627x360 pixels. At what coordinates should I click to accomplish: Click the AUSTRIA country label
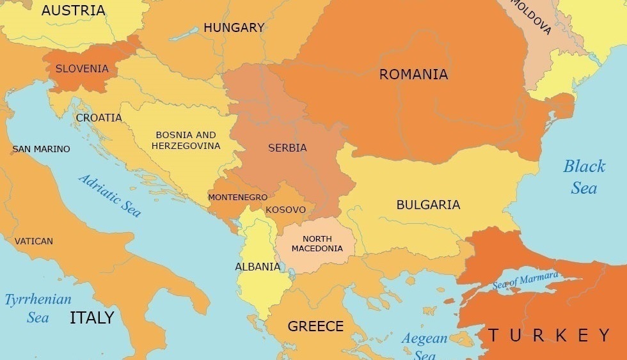[74, 10]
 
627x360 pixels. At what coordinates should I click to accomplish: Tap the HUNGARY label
[234, 27]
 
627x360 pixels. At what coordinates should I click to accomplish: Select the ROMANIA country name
[413, 74]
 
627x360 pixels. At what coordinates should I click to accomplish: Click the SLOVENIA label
[82, 68]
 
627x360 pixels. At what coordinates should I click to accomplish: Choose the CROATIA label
[99, 118]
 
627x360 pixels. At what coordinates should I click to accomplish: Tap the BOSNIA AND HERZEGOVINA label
[186, 140]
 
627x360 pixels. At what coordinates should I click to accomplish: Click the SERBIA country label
[287, 148]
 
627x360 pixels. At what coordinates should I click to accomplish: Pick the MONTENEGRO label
[237, 197]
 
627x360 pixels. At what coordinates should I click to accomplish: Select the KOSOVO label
[285, 210]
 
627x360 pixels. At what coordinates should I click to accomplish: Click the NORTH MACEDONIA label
[317, 244]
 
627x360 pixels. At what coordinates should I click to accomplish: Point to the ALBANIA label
[257, 267]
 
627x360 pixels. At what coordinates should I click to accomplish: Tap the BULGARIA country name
[428, 205]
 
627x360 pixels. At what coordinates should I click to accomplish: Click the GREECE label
[315, 326]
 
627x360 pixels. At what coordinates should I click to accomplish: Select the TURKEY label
[549, 334]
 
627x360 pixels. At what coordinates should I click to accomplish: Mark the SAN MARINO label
[41, 149]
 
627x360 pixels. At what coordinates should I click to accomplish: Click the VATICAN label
[34, 241]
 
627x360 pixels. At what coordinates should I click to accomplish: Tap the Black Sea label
[583, 176]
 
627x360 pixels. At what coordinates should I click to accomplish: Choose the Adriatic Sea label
[109, 195]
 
